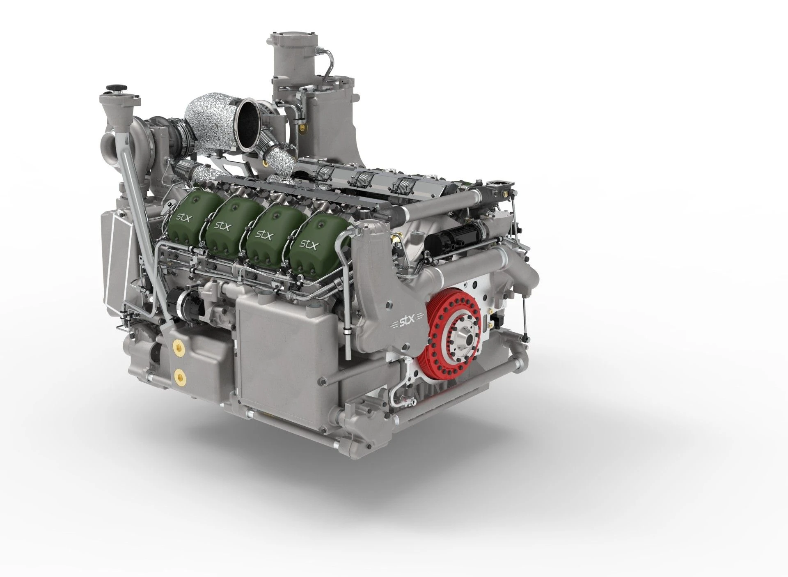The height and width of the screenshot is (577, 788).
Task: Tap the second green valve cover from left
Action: pyautogui.click(x=228, y=228)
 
